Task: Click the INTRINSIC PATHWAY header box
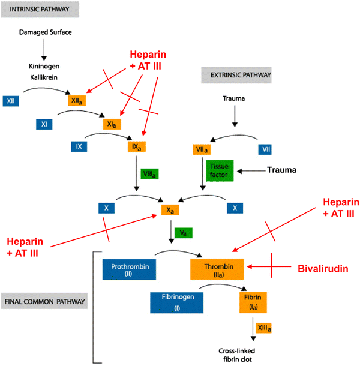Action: pos(40,10)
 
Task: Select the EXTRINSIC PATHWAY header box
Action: pos(236,75)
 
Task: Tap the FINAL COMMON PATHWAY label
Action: pos(44,301)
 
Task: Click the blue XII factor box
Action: pos(11,101)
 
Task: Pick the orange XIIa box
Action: pos(77,101)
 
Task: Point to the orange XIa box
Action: pos(112,124)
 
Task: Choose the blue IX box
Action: pos(79,146)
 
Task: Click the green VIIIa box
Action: pos(149,174)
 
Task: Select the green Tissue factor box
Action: pos(220,170)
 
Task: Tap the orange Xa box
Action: pos(170,210)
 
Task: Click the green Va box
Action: pos(184,233)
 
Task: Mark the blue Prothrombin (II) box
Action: pos(130,269)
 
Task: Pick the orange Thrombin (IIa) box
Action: pos(217,269)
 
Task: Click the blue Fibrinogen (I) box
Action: pos(177,303)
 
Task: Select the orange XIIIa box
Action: pos(264,328)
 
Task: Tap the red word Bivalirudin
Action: pos(323,269)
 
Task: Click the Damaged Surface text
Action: pos(45,32)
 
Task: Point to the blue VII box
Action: pos(265,149)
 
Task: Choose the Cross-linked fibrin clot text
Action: pos(237,355)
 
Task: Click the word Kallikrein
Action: pos(44,77)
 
